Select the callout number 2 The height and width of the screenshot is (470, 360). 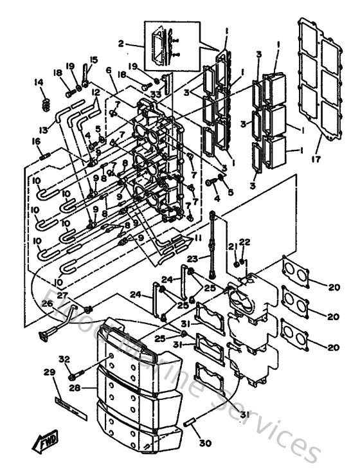120,44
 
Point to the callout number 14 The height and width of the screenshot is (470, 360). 38,82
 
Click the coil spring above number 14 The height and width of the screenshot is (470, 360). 45,103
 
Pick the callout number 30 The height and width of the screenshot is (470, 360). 109,70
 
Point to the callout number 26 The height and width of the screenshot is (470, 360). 47,304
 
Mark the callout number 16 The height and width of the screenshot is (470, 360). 35,141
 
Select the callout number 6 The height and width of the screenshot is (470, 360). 109,70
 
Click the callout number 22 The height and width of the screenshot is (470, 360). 244,242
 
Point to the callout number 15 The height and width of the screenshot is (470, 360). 94,60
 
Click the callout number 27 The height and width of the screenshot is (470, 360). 62,295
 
